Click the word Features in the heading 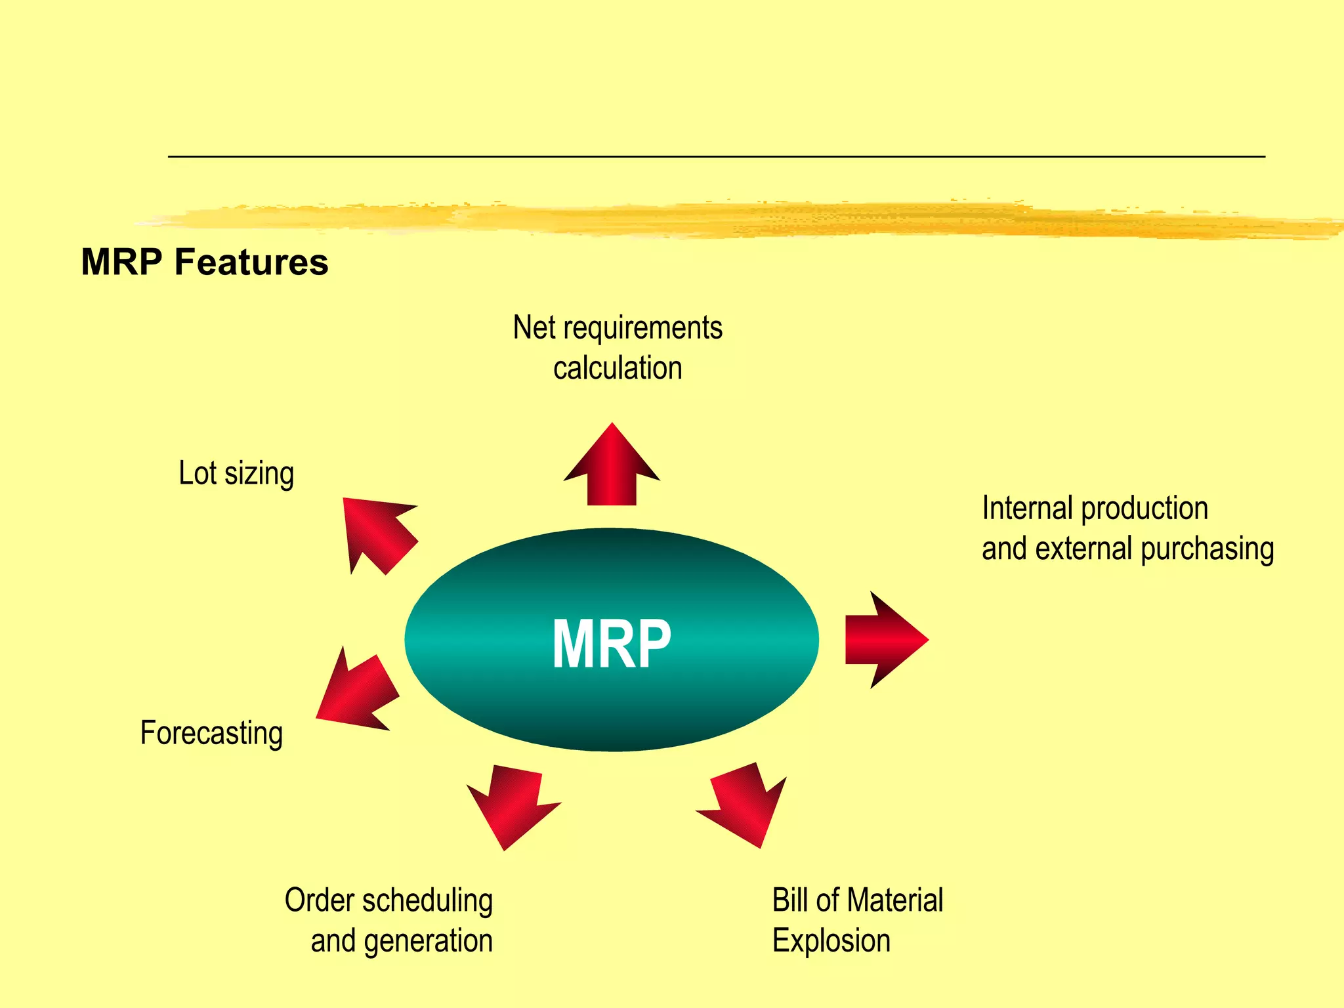click(251, 262)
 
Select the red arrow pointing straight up click(612, 469)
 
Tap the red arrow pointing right click(883, 640)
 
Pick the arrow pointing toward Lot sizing click(378, 532)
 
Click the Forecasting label click(211, 733)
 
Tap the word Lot click(197, 473)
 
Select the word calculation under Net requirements click(618, 367)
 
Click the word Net click(534, 327)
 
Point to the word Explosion click(831, 941)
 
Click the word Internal click(1026, 508)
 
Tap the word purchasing click(1207, 549)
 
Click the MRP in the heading click(121, 262)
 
